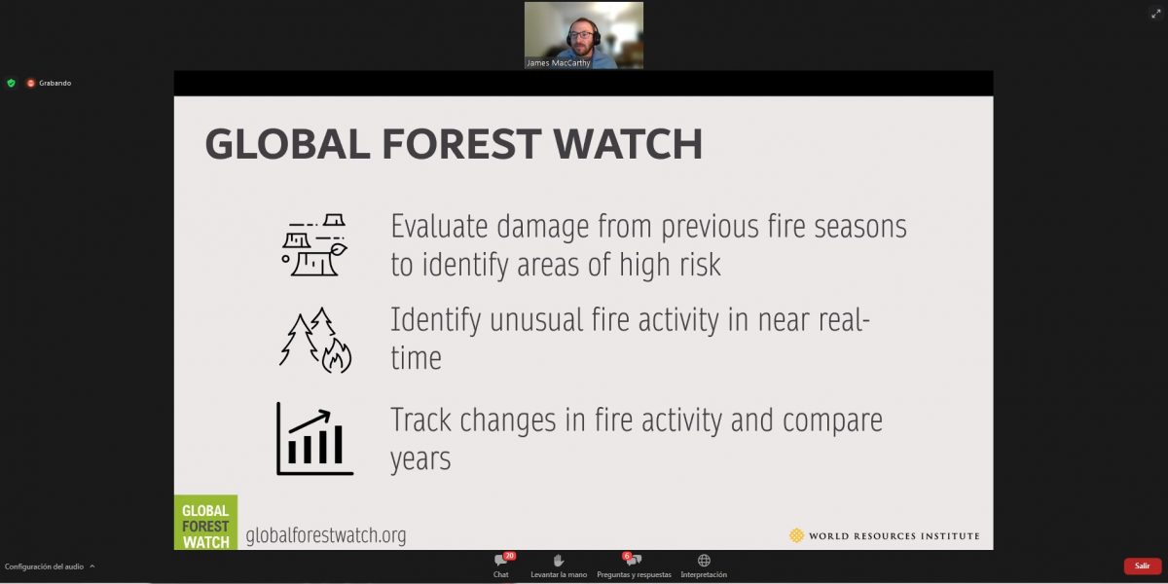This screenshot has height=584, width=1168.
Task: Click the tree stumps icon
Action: coord(314,244)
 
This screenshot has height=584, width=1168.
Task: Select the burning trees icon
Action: coord(315,340)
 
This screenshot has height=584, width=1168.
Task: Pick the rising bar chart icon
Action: coord(315,439)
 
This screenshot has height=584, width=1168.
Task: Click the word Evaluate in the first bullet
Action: coord(439,227)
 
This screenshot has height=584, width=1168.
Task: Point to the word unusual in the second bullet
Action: coord(535,319)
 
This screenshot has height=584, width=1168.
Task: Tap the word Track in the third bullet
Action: coord(420,420)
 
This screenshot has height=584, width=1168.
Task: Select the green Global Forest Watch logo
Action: coord(205,523)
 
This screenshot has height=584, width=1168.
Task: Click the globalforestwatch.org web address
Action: coord(326,535)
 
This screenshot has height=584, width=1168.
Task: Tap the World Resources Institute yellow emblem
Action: coord(796,535)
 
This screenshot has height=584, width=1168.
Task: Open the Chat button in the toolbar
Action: coord(501,566)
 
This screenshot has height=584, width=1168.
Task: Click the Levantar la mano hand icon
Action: coord(559,561)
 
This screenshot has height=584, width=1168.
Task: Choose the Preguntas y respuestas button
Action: coord(634,566)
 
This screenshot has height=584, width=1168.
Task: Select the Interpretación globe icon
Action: coord(704,561)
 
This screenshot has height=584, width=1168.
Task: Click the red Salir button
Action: coord(1143,566)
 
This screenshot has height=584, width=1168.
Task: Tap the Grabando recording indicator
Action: coord(49,83)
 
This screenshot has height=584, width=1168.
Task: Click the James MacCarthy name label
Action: coord(558,63)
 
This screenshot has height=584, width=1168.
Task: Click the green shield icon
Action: coord(11,83)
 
